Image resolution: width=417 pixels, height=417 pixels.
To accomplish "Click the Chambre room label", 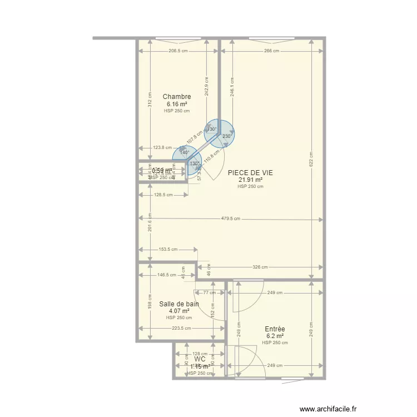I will point(177,97).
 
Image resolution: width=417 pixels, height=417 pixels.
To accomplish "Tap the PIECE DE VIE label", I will point(250,173).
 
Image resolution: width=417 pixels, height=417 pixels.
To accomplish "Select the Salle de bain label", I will point(179,304).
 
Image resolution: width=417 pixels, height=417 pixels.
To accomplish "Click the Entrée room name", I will point(275,329).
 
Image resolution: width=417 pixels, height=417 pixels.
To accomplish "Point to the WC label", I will point(200,360).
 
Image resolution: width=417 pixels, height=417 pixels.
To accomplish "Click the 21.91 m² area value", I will point(250,180).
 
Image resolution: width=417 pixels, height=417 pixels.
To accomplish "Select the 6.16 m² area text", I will point(177,104).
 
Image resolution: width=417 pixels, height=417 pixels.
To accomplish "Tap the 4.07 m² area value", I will point(179,311).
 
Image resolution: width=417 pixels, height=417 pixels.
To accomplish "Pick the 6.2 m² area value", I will point(275,336).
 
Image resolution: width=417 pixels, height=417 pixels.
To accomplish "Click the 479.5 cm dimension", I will point(229,219).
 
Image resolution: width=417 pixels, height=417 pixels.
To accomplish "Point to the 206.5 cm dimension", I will point(178,51).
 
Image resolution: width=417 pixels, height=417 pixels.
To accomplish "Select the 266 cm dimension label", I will point(272,51).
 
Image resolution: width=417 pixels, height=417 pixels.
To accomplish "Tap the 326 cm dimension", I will point(261,267).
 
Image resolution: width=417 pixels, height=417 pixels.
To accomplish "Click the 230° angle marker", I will point(226,136).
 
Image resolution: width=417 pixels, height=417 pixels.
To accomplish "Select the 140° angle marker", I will point(185,152).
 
